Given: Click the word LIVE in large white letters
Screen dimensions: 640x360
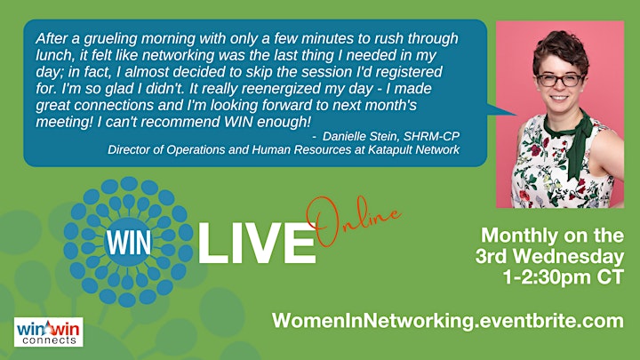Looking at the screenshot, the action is point(257,244).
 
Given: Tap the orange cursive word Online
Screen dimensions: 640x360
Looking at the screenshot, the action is point(354,221).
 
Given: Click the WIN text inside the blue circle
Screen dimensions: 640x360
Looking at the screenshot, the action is point(128,244).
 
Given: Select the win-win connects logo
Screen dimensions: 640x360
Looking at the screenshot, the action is point(49,332).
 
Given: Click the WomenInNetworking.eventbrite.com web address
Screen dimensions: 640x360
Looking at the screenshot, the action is point(448,320).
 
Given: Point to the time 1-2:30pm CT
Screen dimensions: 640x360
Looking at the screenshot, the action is point(564,276).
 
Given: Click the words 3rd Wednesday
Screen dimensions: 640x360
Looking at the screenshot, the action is point(550,256).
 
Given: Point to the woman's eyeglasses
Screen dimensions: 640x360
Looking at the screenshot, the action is point(560,80).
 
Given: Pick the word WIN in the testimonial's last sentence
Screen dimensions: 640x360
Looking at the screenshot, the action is point(239,122).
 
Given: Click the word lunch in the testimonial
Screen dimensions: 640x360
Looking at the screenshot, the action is point(52,55).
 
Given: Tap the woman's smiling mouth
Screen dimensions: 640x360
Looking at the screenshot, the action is point(559,98).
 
